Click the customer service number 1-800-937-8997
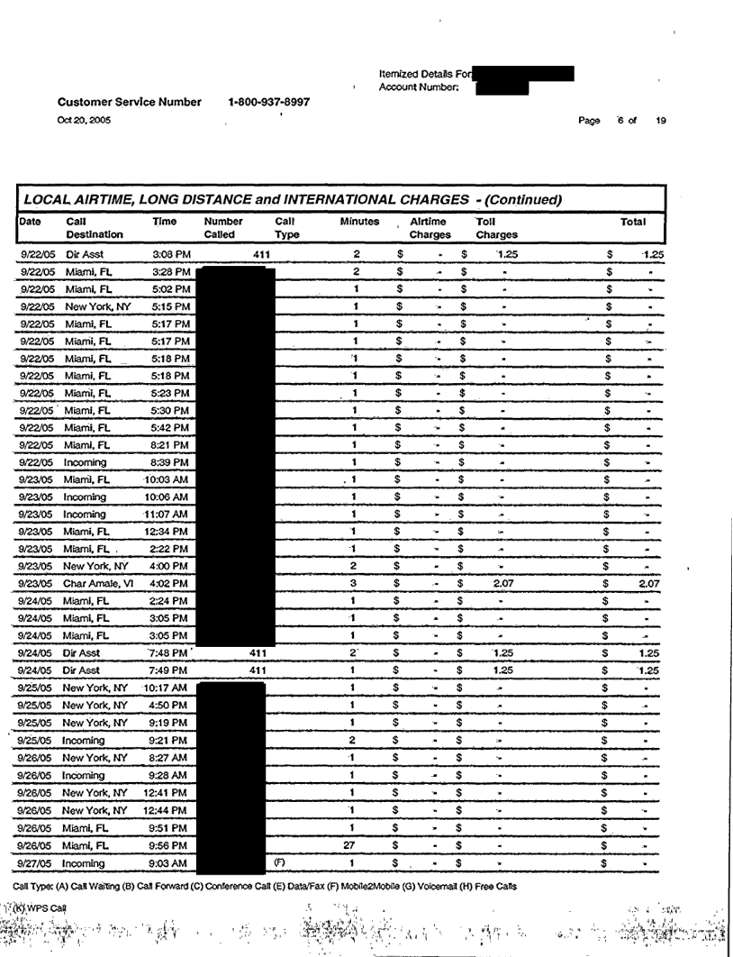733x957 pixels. (x=269, y=103)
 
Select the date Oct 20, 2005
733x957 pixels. (x=84, y=120)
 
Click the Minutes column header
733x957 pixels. (x=359, y=221)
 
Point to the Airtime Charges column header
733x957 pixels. (x=430, y=227)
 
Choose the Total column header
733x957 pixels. (x=633, y=221)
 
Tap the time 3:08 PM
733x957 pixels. (x=171, y=255)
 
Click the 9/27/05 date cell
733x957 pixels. (x=38, y=862)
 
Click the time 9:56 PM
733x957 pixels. (x=169, y=845)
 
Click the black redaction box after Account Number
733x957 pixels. (x=502, y=87)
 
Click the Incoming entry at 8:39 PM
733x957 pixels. (x=85, y=461)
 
